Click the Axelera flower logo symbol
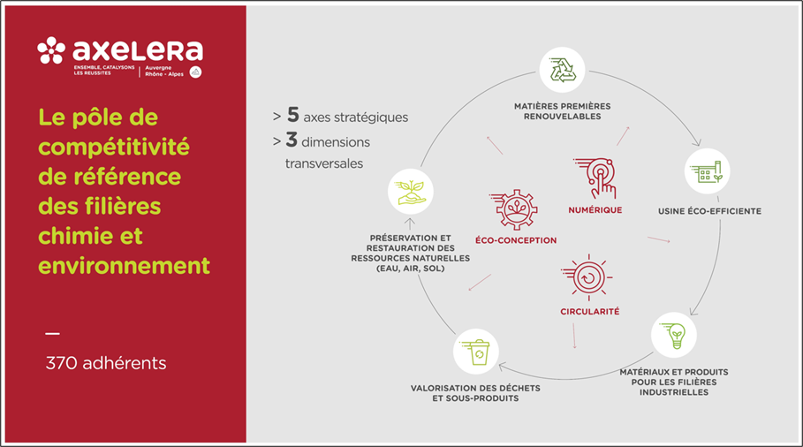(x=51, y=50)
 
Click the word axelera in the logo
(x=138, y=50)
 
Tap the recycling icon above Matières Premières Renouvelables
(x=563, y=70)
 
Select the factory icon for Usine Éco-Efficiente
(x=707, y=171)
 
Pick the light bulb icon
(x=673, y=336)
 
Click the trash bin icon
(x=476, y=352)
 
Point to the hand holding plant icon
(x=411, y=192)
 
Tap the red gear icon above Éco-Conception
(x=514, y=209)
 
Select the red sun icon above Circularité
(x=587, y=277)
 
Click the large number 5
(x=293, y=115)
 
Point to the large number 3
(x=292, y=140)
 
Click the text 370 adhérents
(x=106, y=363)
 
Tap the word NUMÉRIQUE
(x=595, y=210)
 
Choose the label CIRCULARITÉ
(x=590, y=311)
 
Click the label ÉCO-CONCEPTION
(x=516, y=240)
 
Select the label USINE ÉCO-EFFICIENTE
(x=709, y=211)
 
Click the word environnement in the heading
(x=124, y=266)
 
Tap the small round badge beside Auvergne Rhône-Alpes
(x=195, y=72)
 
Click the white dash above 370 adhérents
(x=52, y=334)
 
